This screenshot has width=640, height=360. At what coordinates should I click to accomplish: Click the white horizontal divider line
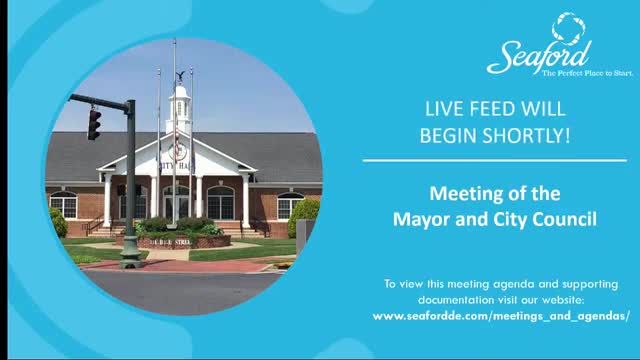pyautogui.click(x=494, y=160)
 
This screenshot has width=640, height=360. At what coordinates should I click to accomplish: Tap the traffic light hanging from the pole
pyautogui.click(x=94, y=123)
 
